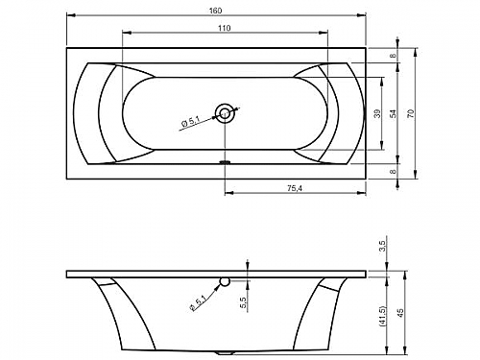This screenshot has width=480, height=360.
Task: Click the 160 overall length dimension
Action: click(215, 11)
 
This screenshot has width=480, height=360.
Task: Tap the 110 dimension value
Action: click(225, 28)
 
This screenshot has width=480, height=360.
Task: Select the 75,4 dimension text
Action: click(295, 188)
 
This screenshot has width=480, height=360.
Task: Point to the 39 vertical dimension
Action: click(378, 113)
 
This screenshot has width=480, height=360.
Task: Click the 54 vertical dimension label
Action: click(394, 113)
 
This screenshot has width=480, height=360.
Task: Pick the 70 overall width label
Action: click(411, 113)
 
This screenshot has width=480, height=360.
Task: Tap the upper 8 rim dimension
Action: click(394, 56)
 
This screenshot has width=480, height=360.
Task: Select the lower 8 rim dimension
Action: click(394, 171)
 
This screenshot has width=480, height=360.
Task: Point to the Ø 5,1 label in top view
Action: click(190, 123)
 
